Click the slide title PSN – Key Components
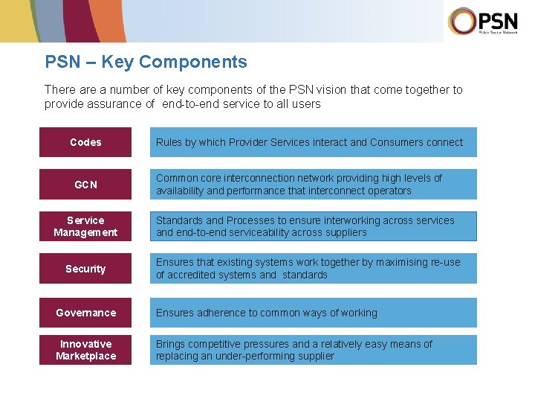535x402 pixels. coord(146,62)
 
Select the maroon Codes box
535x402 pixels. coord(85,142)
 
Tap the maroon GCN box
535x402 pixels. coord(85,185)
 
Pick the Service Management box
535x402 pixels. coord(85,226)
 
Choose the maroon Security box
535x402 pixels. coord(85,269)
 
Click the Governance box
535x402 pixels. coord(85,313)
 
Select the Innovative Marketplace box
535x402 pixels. coord(85,350)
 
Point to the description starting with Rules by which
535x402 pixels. coord(313,142)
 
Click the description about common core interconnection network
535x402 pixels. coord(313,185)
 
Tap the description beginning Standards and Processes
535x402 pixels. coord(313,226)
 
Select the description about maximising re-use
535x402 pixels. coord(313,269)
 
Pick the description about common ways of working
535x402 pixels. coord(313,313)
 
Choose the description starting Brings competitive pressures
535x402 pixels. coord(313,350)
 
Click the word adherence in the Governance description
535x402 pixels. coord(221,313)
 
